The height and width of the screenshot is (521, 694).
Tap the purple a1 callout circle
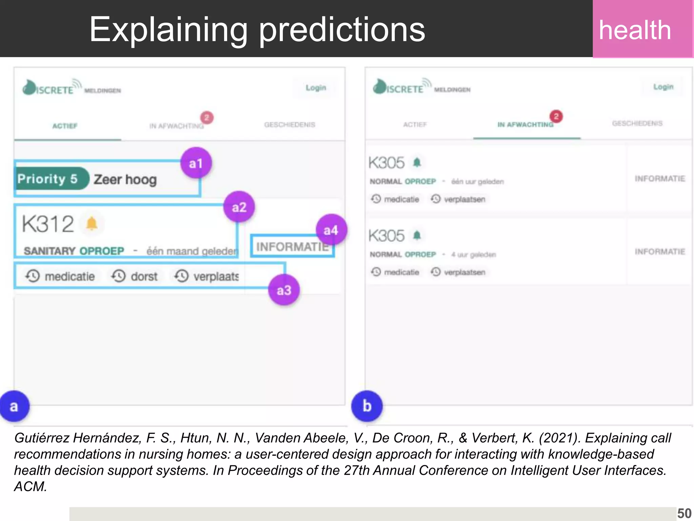tap(196, 163)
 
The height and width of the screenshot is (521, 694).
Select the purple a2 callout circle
tap(239, 207)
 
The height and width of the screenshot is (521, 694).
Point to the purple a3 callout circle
tap(284, 290)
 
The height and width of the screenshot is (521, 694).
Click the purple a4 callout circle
tap(331, 230)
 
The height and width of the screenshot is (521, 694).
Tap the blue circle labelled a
tap(14, 406)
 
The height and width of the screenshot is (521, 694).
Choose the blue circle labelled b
tap(367, 406)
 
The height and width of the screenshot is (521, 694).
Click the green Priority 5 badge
tap(49, 179)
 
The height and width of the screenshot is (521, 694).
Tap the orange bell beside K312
tap(91, 224)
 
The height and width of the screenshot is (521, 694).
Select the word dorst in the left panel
tap(144, 276)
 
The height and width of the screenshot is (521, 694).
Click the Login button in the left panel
tap(316, 88)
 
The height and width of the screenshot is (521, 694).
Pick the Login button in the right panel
tap(663, 87)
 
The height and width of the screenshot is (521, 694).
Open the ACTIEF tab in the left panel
tap(65, 126)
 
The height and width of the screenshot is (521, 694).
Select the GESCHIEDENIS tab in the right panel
tap(637, 123)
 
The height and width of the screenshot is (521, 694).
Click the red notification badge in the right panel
tap(556, 116)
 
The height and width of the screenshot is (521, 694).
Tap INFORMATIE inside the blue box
tap(292, 247)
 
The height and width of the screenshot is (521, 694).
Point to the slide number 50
tap(684, 513)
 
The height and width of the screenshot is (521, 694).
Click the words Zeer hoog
tap(125, 179)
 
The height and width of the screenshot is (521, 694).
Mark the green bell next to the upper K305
tap(417, 162)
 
